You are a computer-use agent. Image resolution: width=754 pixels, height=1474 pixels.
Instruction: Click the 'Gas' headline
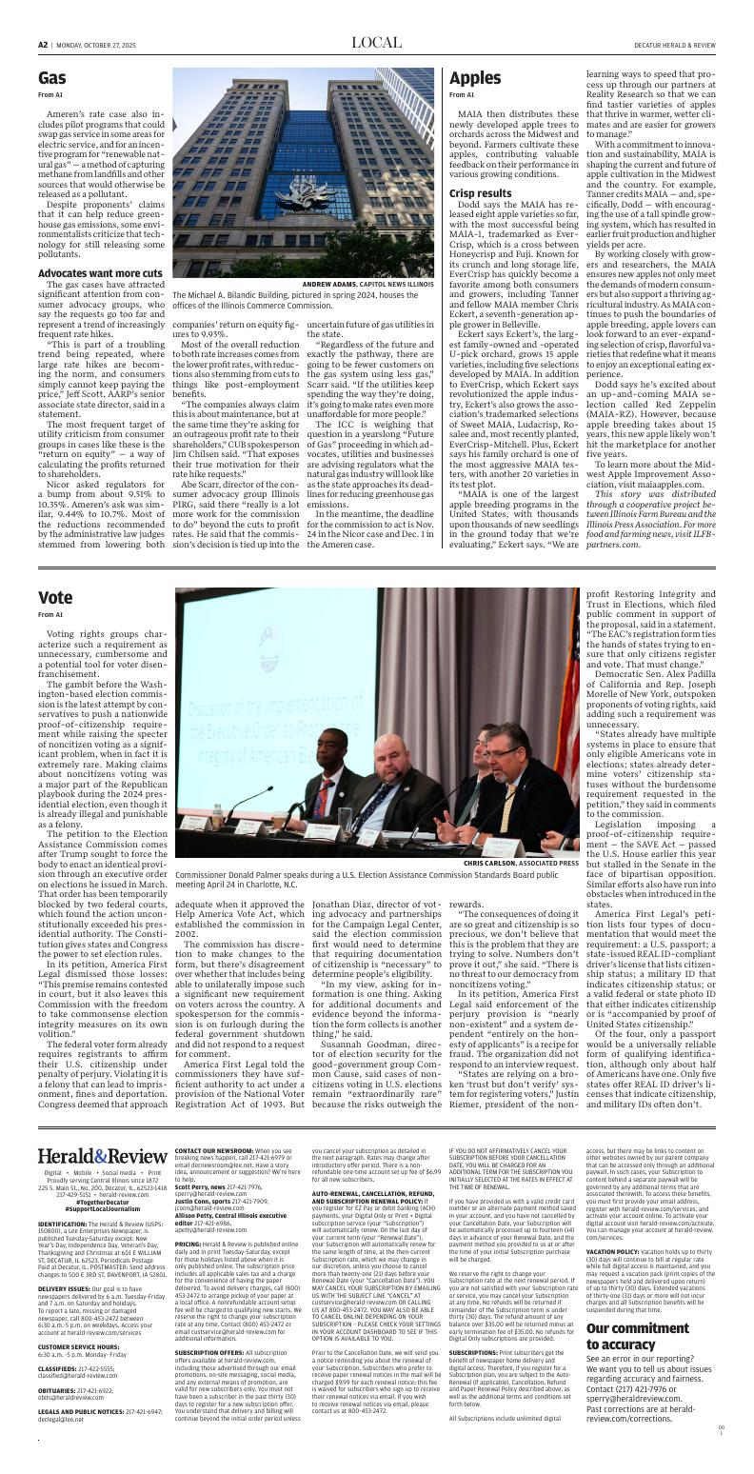coord(52,78)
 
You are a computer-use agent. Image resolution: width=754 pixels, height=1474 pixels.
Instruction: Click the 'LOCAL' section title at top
coord(377,43)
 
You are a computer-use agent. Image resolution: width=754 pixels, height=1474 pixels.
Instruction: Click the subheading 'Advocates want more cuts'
coord(99,273)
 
